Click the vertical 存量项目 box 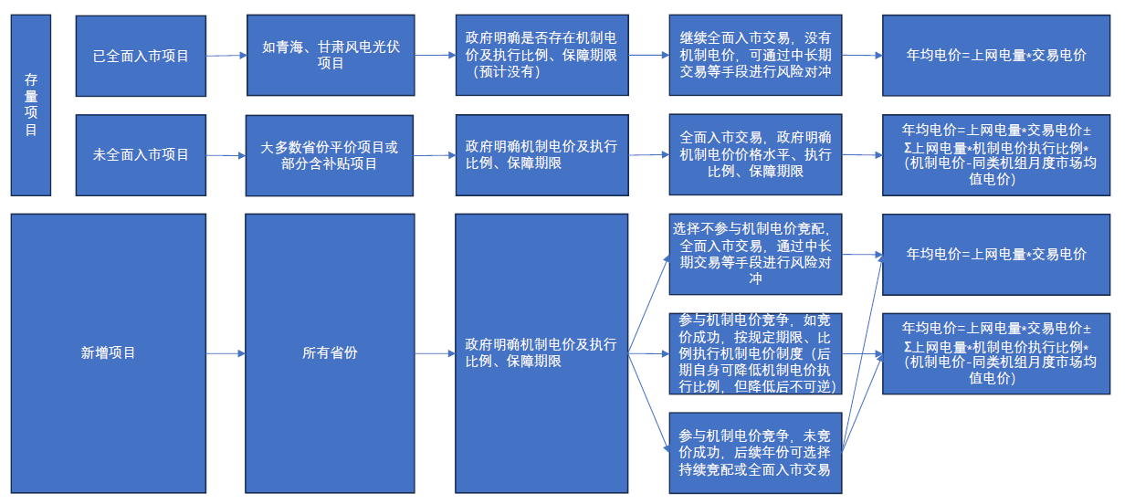[30, 105]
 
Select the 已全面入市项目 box [141, 56]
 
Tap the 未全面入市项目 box [141, 154]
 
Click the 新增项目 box [108, 352]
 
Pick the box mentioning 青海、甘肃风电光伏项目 [331, 55]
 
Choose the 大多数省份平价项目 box [329, 155]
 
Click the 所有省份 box [329, 352]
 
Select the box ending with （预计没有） [541, 55]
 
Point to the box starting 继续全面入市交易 [755, 55]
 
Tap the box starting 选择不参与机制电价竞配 [755, 254]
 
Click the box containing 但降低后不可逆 [755, 352]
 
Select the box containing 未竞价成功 [755, 450]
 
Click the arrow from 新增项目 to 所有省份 [226, 352]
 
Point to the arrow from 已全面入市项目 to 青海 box [226, 56]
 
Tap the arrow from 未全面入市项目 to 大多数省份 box [226, 155]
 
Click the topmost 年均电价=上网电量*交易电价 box [995, 55]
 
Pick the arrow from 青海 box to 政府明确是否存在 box [436, 55]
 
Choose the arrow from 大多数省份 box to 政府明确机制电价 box [435, 155]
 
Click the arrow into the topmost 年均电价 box [862, 55]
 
